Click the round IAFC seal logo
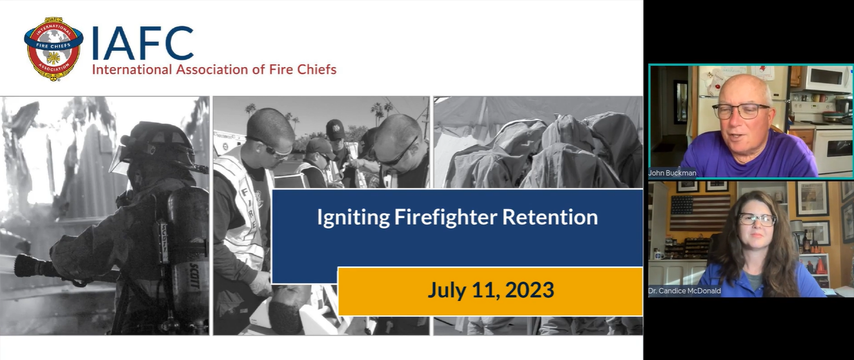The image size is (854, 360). (x=53, y=48)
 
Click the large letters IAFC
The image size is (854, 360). (x=143, y=44)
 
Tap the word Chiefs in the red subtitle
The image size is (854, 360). (x=315, y=69)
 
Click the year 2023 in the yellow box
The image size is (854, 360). (x=529, y=290)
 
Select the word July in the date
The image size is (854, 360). (x=448, y=290)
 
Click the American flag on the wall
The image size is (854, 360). (x=700, y=212)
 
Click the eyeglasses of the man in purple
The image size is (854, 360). (x=741, y=111)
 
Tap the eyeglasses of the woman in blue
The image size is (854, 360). (x=757, y=219)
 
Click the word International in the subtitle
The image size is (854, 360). (x=132, y=69)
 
